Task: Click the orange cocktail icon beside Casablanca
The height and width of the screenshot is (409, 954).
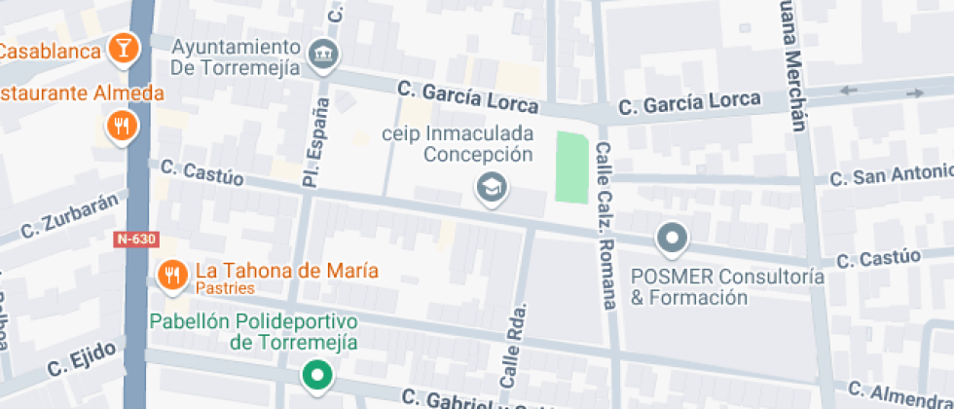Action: tap(124, 46)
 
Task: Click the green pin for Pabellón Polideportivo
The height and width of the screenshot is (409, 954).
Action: tap(315, 374)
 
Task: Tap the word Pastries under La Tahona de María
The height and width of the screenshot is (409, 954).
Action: tap(225, 288)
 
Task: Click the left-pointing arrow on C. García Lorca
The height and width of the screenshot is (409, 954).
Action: tap(849, 92)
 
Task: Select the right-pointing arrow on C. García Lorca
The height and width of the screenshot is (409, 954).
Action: tap(915, 93)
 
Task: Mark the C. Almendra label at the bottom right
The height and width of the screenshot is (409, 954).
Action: tap(900, 393)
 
